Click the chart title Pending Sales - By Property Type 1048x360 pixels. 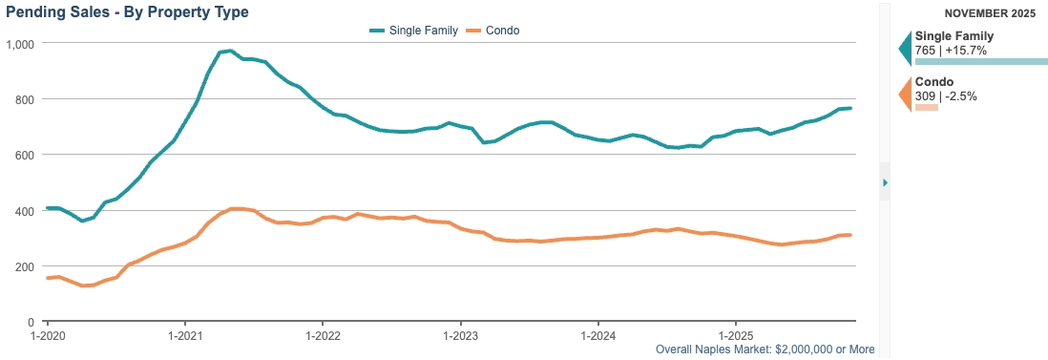pos(127,11)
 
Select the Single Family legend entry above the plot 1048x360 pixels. pos(413,31)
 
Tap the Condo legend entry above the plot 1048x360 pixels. pos(493,31)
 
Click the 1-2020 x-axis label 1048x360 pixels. pos(47,334)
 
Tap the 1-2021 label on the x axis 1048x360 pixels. pos(184,334)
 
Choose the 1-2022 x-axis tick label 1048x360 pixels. pos(323,334)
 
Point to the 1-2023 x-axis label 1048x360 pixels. pos(460,334)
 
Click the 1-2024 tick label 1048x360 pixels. pos(597,334)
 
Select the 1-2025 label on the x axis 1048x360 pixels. pos(735,334)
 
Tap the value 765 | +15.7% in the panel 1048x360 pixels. pos(951,51)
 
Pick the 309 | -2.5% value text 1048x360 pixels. pos(947,95)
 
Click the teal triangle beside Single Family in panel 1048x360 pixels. pos(906,48)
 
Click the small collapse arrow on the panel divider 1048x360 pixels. pos(885,182)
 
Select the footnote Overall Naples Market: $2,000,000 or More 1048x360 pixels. pos(765,349)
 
